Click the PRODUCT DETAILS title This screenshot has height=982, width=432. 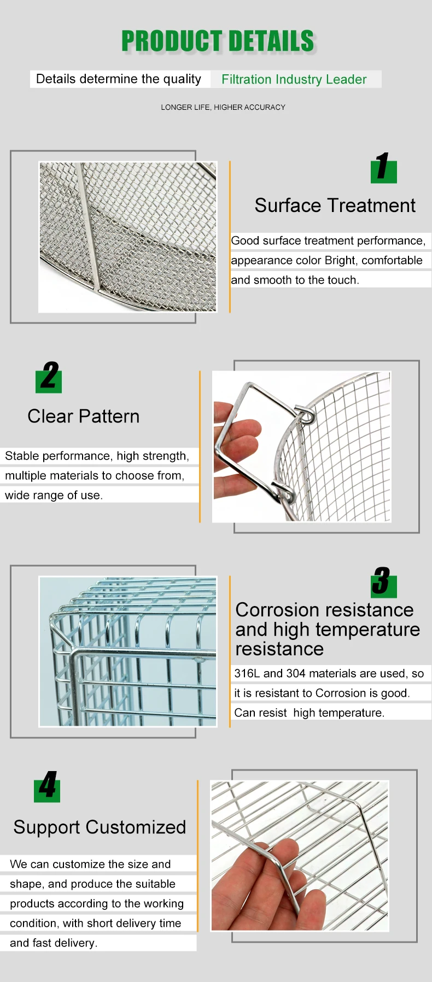pos(218,42)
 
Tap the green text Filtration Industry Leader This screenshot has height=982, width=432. pos(294,79)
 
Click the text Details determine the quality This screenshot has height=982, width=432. pos(118,79)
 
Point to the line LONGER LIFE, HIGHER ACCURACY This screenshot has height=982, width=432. pos(223,107)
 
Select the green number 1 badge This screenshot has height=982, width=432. pos(383,168)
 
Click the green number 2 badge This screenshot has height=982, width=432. pos(49,378)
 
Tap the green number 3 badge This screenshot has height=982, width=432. pos(383,582)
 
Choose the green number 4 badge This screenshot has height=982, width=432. pos(47,787)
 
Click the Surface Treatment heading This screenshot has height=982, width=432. pos(335,205)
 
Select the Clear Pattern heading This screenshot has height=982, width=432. pos(84,416)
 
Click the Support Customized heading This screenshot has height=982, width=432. pos(100,827)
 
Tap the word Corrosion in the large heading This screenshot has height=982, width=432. pos(277,610)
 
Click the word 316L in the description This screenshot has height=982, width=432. pos(247,673)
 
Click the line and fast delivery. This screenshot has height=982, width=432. pos(54,943)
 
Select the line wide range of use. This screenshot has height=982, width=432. pos(54,495)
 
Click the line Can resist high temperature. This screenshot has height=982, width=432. pos(309,713)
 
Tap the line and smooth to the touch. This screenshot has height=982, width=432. pos(295,280)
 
